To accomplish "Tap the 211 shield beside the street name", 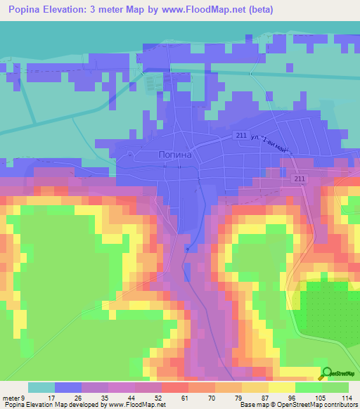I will pyautogui.click(x=241, y=135).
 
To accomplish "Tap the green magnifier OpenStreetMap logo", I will pyautogui.click(x=327, y=374).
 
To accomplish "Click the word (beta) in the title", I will pyautogui.click(x=259, y=10).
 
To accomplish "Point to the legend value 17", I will pyautogui.click(x=50, y=398).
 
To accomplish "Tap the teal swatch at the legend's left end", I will pyautogui.click(x=41, y=387).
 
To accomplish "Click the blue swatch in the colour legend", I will pyautogui.click(x=68, y=387).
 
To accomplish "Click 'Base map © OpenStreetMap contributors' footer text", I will pyautogui.click(x=297, y=405).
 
